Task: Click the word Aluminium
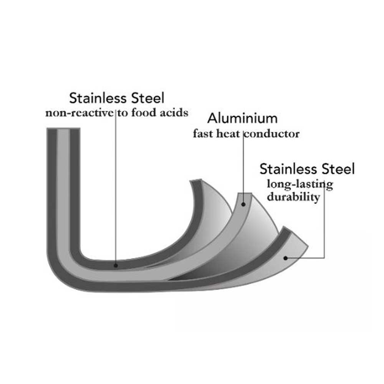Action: coord(242,118)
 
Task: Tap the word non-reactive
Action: coord(79,113)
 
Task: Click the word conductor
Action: coord(272,134)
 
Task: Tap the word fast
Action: coord(203,134)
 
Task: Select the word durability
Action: coord(293,197)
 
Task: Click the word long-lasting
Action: coord(300,185)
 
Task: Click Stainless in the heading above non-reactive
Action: coord(98,98)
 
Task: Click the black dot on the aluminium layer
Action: coord(243,204)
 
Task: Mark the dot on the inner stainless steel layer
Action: coord(116,265)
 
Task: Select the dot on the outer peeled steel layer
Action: coord(285,258)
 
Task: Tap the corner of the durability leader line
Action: coord(324,258)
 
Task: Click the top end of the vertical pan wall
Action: coord(63,128)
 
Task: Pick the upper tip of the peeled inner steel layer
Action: coord(196,180)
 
